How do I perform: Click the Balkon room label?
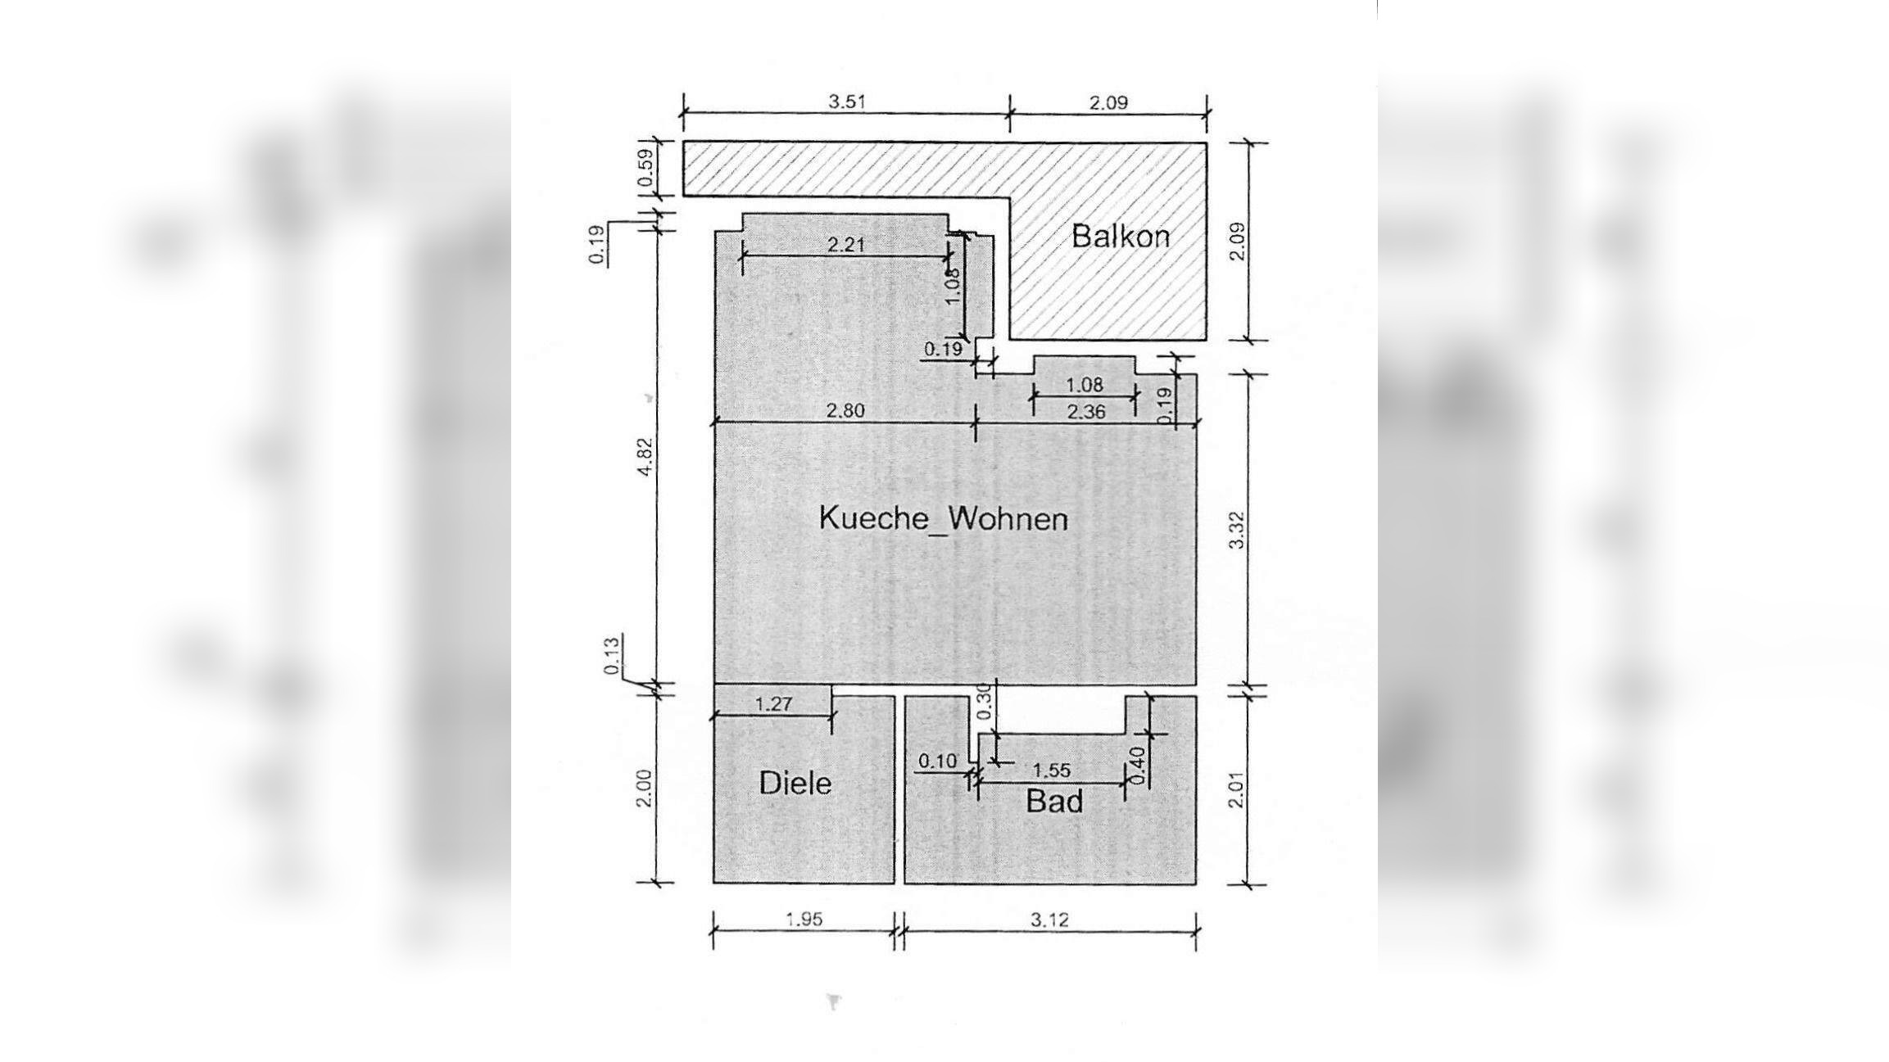[x=1121, y=237]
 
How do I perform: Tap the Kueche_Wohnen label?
[x=944, y=519]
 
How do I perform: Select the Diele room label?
[x=795, y=784]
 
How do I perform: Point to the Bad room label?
[x=1054, y=801]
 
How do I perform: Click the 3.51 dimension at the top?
[x=846, y=102]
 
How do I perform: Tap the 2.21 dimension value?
[x=845, y=244]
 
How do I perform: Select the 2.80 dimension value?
[x=845, y=411]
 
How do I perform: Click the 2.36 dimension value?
[x=1086, y=412]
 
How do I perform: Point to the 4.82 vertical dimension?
[x=646, y=457]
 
